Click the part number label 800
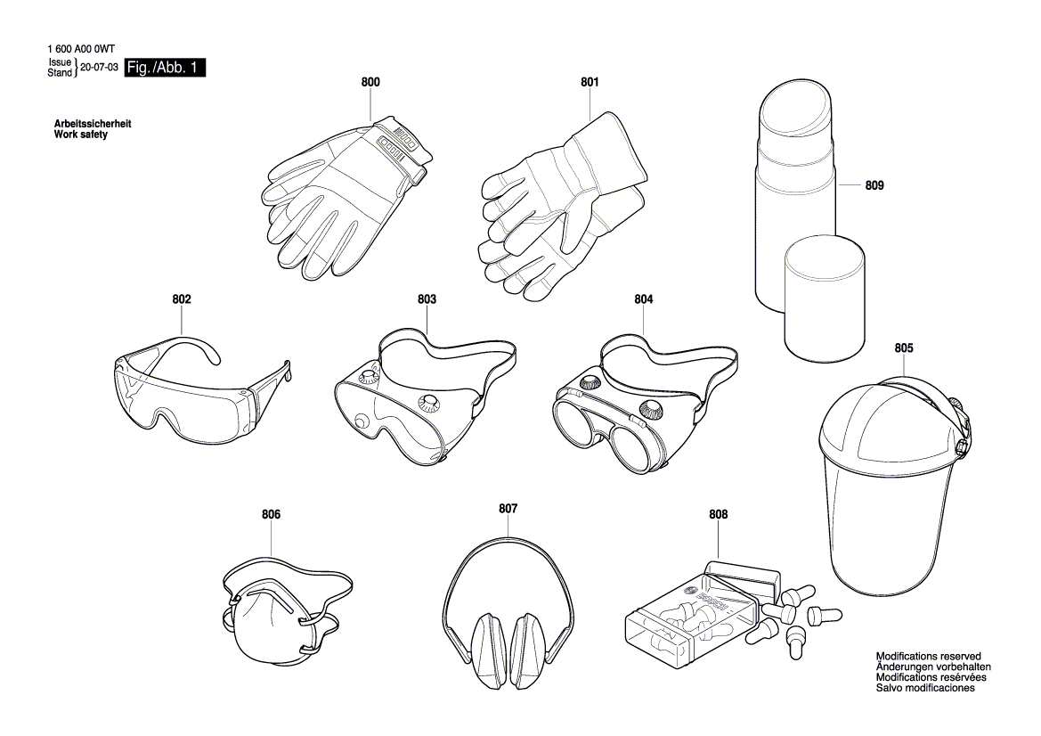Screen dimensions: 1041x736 pyautogui.click(x=370, y=82)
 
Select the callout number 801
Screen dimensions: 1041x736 pyautogui.click(x=590, y=82)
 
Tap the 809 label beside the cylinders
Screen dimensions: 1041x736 pyautogui.click(x=874, y=186)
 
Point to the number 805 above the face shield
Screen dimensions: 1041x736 pyautogui.click(x=903, y=348)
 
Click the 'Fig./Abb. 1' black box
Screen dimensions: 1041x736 pyautogui.click(x=166, y=68)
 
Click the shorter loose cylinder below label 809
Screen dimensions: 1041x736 pyautogui.click(x=824, y=298)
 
